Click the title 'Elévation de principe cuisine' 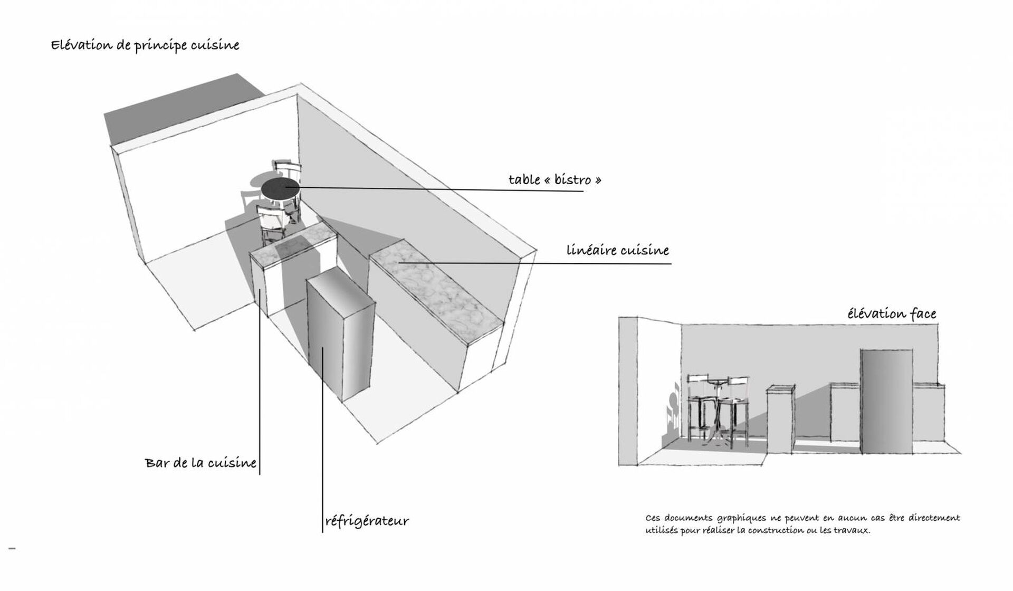[x=145, y=45]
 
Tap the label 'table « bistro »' [x=555, y=180]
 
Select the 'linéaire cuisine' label [x=617, y=250]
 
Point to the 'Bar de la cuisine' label [x=200, y=463]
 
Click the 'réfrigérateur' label [x=367, y=521]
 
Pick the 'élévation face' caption [x=892, y=314]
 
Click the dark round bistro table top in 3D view [x=280, y=187]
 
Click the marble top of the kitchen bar [x=293, y=245]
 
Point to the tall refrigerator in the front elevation [x=886, y=401]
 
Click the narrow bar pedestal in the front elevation [x=780, y=420]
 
